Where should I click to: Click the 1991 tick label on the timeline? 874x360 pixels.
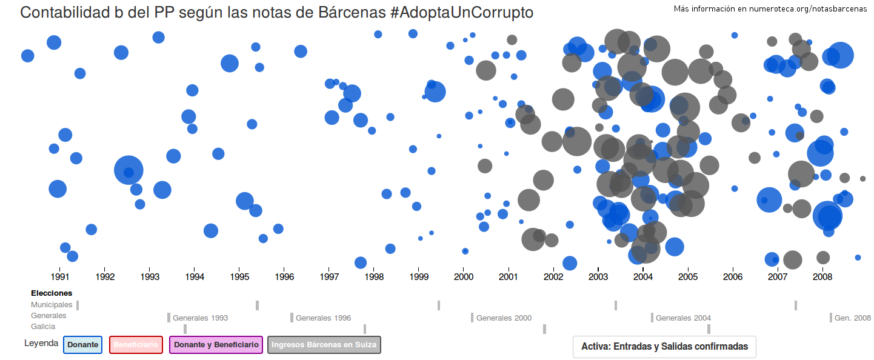(59, 277)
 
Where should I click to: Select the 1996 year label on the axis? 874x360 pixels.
(284, 277)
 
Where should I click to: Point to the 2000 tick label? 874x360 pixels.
(464, 277)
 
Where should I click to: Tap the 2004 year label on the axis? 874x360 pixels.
(643, 277)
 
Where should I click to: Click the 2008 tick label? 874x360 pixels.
(822, 277)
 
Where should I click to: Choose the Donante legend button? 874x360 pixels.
(82, 345)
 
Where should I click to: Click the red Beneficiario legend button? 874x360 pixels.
(136, 345)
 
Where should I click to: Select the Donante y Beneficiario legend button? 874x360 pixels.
(216, 345)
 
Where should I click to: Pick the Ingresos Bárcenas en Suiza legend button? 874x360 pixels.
(324, 345)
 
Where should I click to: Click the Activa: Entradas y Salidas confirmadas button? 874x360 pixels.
(664, 347)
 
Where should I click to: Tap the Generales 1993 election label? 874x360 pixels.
(200, 318)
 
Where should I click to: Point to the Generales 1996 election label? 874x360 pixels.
(323, 318)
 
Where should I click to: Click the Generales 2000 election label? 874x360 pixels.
(504, 318)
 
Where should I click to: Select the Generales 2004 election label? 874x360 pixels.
(683, 318)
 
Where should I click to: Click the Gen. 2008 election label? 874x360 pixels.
(852, 318)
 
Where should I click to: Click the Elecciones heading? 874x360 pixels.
(52, 293)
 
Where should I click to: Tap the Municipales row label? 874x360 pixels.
(52, 305)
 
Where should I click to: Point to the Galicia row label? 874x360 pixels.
(43, 327)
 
